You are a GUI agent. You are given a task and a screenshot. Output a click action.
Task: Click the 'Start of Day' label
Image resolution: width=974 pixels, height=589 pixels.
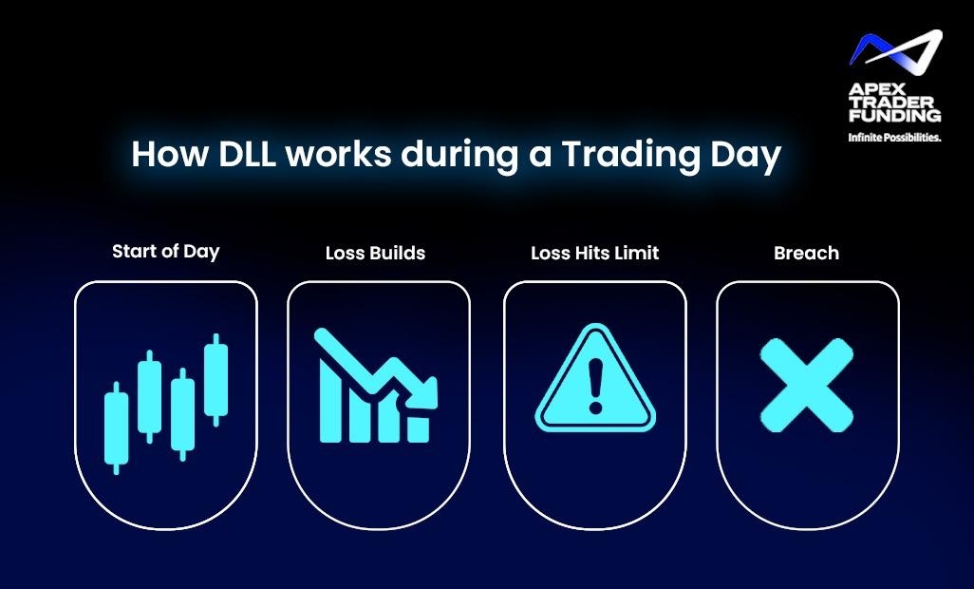click(x=166, y=252)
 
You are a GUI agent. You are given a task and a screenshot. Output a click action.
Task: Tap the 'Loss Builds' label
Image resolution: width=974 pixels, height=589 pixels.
click(x=375, y=253)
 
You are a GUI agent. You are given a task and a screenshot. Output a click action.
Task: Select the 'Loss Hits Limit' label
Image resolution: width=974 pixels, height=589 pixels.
click(x=594, y=253)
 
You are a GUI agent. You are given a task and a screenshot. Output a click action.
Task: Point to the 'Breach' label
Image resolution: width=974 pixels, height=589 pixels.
click(x=806, y=253)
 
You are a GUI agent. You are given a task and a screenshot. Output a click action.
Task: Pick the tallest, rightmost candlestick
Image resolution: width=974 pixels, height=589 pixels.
click(x=216, y=380)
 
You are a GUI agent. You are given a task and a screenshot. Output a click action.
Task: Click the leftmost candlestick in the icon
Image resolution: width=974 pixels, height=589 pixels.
click(x=116, y=428)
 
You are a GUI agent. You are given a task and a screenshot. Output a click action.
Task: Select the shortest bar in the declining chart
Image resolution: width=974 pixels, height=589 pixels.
click(x=418, y=429)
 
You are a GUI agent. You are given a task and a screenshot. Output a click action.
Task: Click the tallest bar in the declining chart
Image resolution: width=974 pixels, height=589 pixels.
click(x=329, y=401)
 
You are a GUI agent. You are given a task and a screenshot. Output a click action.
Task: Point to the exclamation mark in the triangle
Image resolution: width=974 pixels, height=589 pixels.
click(x=596, y=385)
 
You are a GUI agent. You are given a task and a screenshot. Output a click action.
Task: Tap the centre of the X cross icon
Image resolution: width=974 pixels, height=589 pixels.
click(x=806, y=385)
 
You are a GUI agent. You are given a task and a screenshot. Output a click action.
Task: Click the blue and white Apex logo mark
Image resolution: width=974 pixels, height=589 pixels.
click(x=896, y=47)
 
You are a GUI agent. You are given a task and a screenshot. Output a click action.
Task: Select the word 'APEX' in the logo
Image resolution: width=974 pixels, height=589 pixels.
click(x=871, y=90)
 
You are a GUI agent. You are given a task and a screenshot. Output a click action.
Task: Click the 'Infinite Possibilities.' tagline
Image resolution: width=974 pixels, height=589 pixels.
click(x=894, y=138)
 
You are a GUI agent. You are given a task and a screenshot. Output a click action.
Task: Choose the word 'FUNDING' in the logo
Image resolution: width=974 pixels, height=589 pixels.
click(x=894, y=116)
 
